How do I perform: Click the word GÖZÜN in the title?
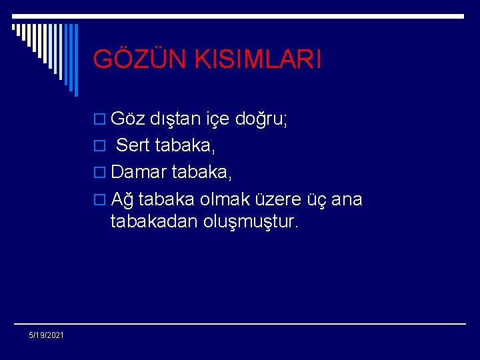[x=136, y=59]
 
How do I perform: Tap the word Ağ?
[x=122, y=199]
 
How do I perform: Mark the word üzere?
[x=281, y=199]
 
